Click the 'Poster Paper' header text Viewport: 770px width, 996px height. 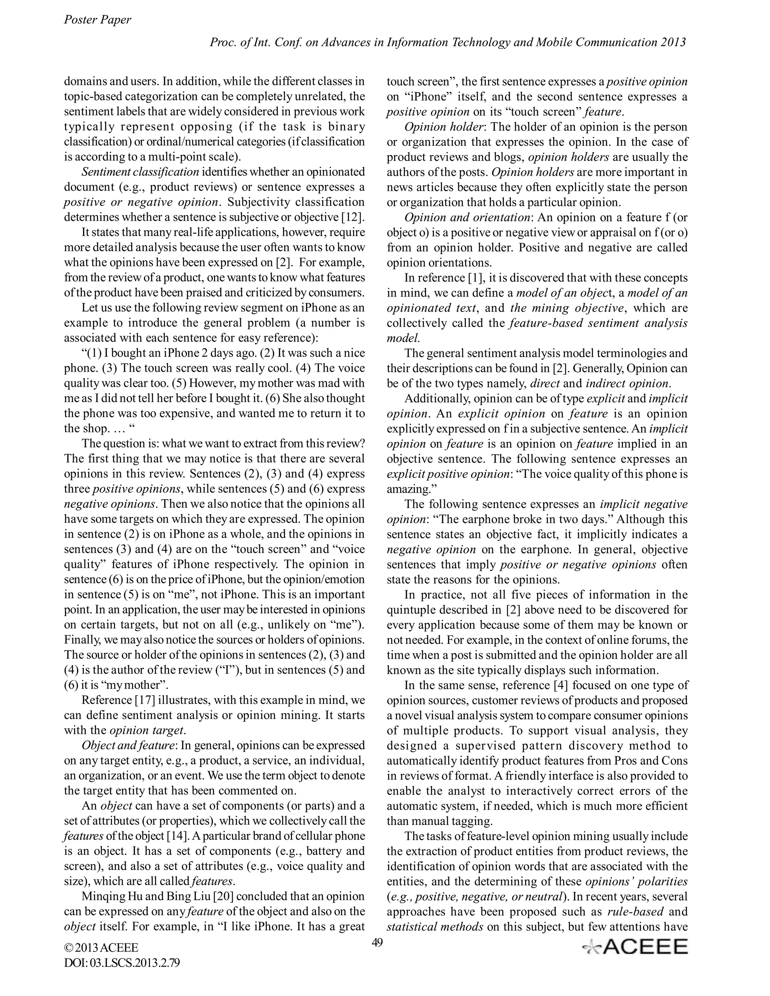(x=97, y=20)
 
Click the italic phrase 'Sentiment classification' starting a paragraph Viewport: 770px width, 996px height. (x=140, y=172)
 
